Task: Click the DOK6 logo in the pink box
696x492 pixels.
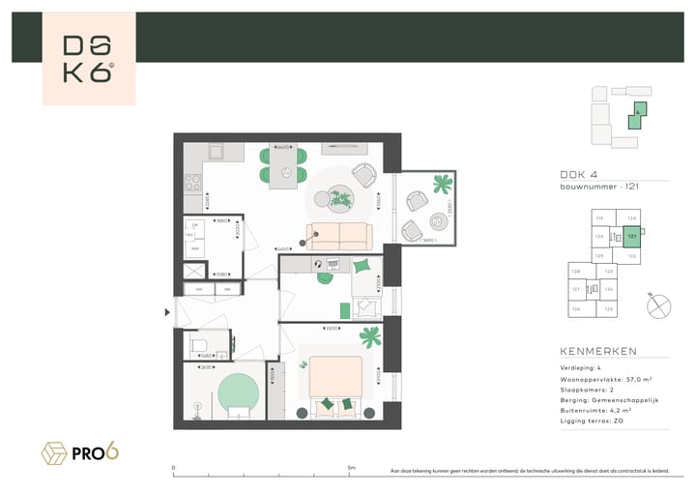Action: coord(88,59)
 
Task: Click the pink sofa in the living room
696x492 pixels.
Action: coord(338,236)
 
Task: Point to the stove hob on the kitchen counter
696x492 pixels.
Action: coord(191,180)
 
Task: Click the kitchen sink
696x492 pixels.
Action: coord(216,152)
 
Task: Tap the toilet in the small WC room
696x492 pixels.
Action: coord(198,343)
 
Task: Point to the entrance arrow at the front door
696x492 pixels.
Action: coord(168,311)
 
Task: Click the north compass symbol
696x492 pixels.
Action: coord(660,305)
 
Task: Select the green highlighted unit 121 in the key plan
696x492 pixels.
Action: coord(632,235)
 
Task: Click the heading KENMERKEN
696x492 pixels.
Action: coord(597,353)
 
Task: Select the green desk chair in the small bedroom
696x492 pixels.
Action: coord(361,266)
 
